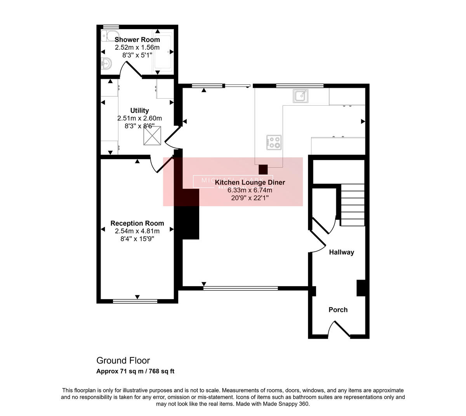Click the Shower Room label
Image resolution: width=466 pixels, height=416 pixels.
pyautogui.click(x=137, y=40)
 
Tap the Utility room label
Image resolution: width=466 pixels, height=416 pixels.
pyautogui.click(x=139, y=111)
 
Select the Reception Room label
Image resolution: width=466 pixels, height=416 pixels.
pyautogui.click(x=137, y=223)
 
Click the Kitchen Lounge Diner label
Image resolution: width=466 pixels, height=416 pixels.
pyautogui.click(x=250, y=182)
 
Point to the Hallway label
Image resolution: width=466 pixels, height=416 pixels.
pyautogui.click(x=341, y=252)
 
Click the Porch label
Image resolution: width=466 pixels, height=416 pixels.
pyautogui.click(x=338, y=310)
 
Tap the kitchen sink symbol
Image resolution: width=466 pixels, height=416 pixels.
pyautogui.click(x=301, y=95)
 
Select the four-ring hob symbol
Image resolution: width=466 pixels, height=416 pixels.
pyautogui.click(x=274, y=142)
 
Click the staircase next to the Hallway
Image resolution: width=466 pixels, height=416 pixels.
pyautogui.click(x=353, y=205)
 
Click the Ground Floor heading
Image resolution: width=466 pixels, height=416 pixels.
pyautogui.click(x=123, y=360)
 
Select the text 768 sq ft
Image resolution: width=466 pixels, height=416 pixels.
pyautogui.click(x=162, y=371)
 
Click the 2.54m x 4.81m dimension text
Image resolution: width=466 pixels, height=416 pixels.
pyautogui.click(x=137, y=231)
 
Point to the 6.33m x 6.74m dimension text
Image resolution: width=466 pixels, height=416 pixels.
pyautogui.click(x=250, y=190)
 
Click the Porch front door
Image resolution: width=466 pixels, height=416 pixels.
pyautogui.click(x=339, y=329)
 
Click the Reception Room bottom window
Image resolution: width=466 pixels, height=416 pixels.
pyautogui.click(x=135, y=301)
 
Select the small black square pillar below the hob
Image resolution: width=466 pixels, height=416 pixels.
pyautogui.click(x=263, y=169)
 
